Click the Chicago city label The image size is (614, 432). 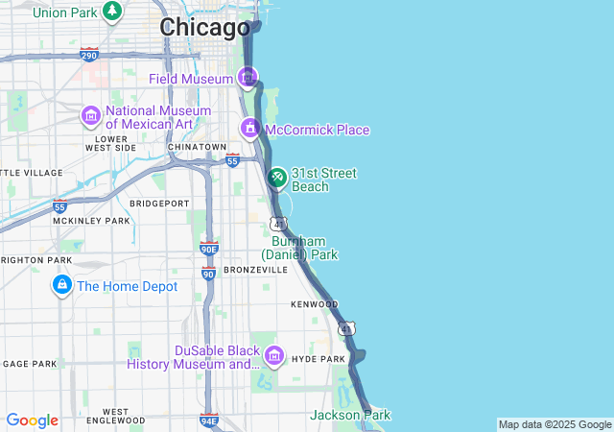(x=204, y=28)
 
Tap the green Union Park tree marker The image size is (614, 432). (x=112, y=12)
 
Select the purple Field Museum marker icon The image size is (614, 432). (x=248, y=77)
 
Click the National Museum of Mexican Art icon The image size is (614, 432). (x=91, y=116)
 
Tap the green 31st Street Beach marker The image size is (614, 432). (x=276, y=178)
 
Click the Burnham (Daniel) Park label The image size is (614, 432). (x=299, y=248)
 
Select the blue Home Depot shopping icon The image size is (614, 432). (x=62, y=285)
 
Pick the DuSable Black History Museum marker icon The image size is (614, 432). (x=273, y=356)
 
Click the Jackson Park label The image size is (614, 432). (x=350, y=415)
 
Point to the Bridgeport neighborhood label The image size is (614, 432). (x=159, y=204)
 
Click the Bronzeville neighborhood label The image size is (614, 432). (x=255, y=270)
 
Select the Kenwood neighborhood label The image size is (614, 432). (x=314, y=304)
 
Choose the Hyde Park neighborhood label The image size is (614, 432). (x=318, y=359)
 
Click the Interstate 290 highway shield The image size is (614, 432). (x=88, y=55)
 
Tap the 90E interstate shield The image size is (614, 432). (x=209, y=249)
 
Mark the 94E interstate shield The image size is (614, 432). (x=209, y=420)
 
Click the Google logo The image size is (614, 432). (x=32, y=420)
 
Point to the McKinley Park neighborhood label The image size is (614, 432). (x=91, y=221)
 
